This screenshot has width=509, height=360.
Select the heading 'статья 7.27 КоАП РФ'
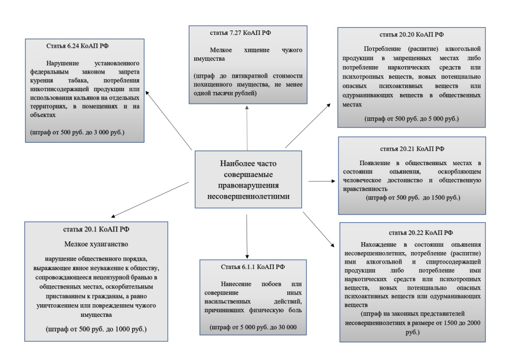[x=236, y=32]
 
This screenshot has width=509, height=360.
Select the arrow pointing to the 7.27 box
[x=247, y=127]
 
